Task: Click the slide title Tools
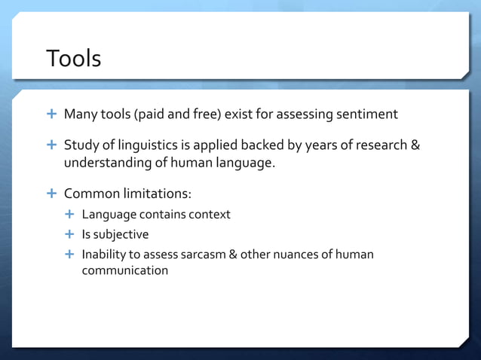(x=73, y=58)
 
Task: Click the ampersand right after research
(x=415, y=145)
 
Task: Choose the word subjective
(x=121, y=234)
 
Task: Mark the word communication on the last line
(x=125, y=270)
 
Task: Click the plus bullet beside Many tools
(x=51, y=114)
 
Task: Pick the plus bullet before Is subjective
(x=69, y=234)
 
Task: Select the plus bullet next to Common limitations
(x=51, y=194)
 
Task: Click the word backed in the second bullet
(x=259, y=145)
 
